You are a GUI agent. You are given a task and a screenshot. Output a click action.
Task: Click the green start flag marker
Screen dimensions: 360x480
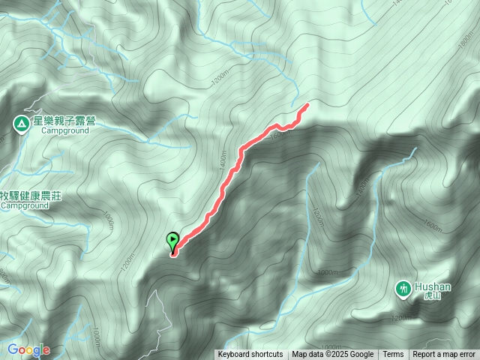[x=174, y=241]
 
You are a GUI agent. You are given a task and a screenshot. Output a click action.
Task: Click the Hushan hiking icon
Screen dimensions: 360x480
[x=403, y=288]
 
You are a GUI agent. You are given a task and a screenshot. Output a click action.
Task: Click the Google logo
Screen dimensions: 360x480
[x=28, y=349]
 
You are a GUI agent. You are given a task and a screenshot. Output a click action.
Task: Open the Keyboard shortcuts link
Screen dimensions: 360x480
[x=250, y=355]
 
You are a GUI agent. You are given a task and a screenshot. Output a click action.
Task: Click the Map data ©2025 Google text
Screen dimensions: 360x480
[x=332, y=355]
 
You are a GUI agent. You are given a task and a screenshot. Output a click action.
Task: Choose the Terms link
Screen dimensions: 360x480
[x=393, y=355]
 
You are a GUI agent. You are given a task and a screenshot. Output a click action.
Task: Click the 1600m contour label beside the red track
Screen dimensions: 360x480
[x=278, y=135]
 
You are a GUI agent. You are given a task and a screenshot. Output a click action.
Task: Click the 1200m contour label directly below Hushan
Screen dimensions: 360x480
[x=402, y=318]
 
